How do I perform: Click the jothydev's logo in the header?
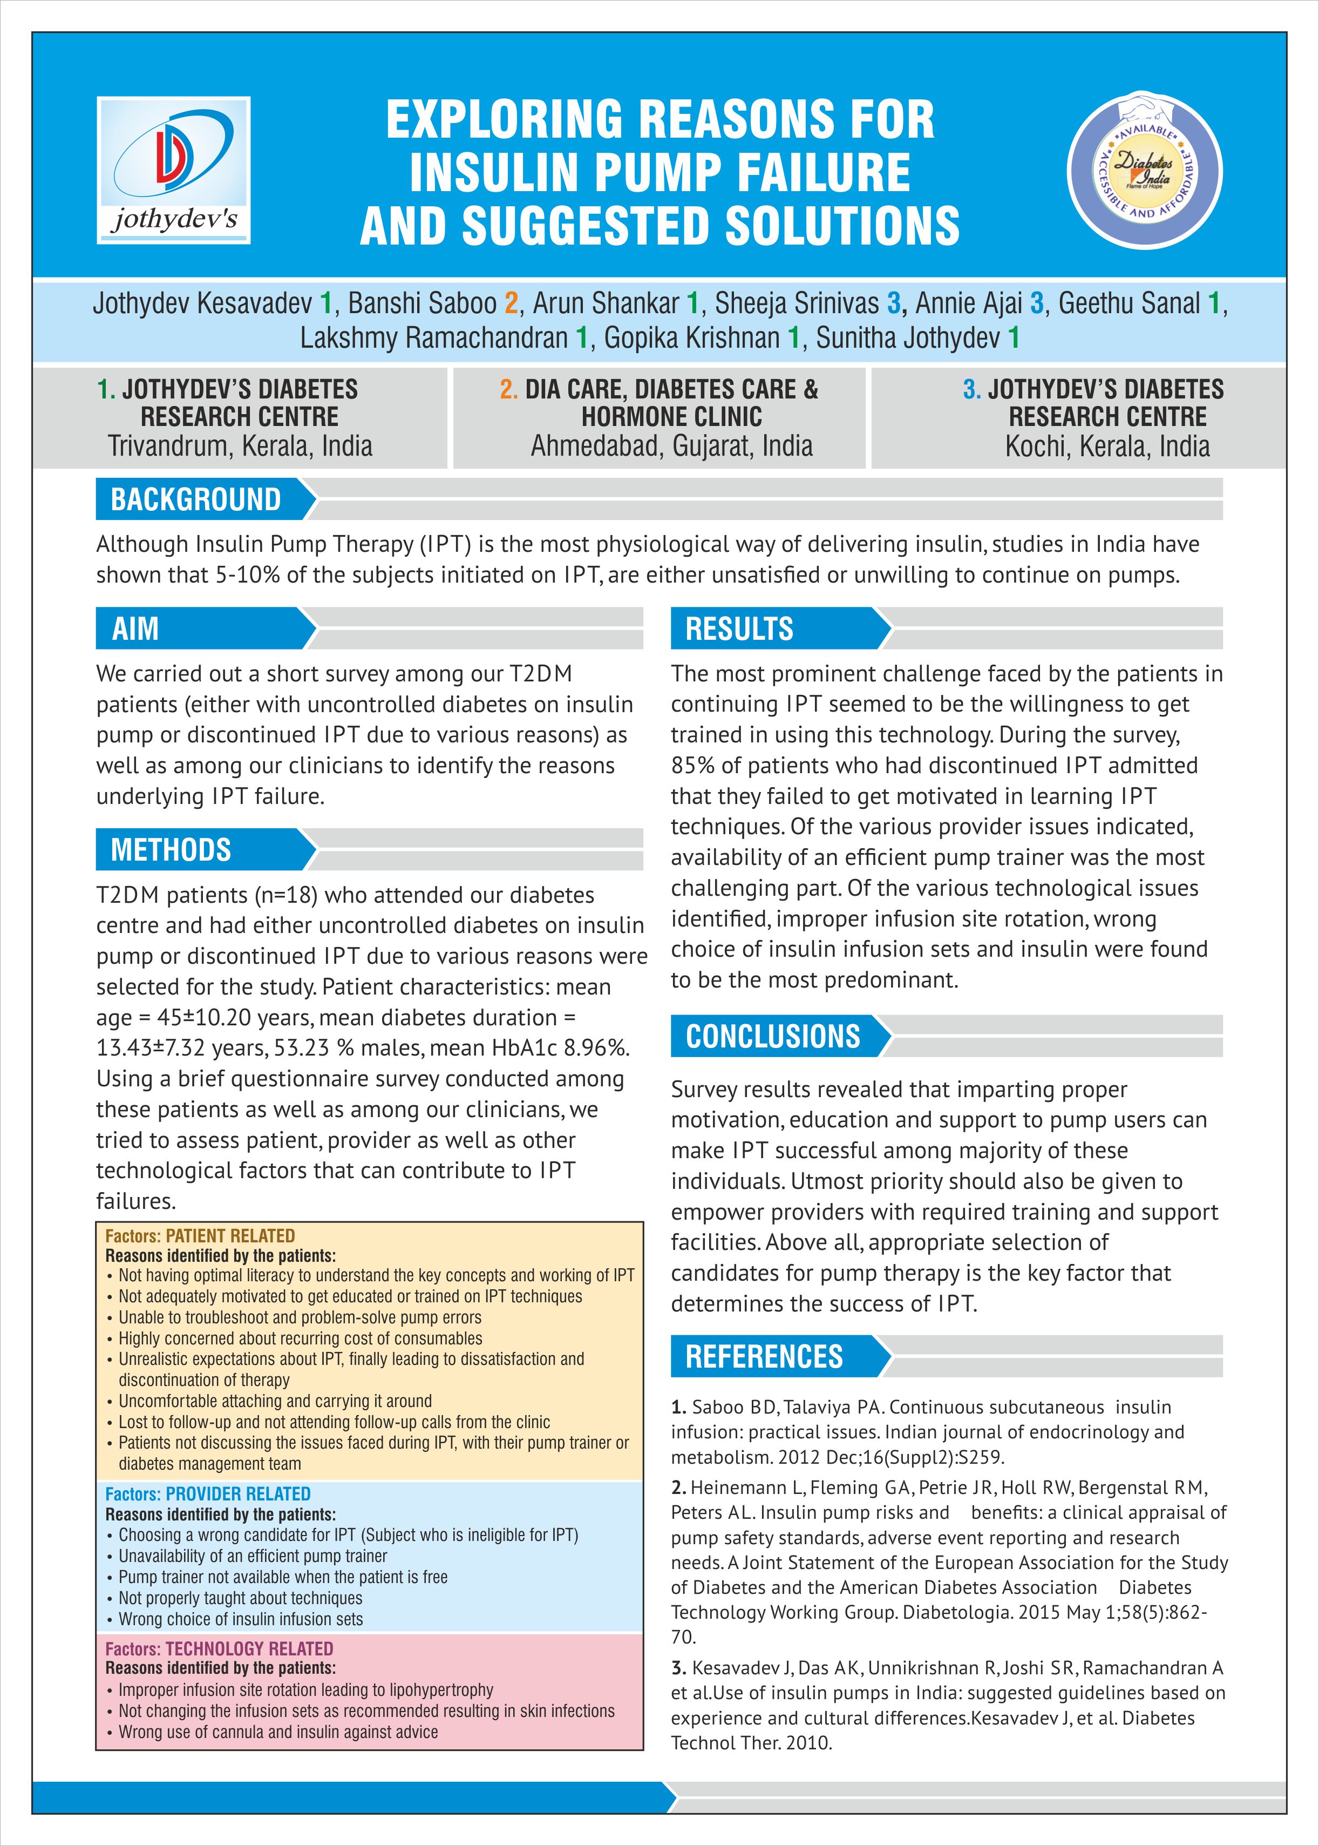[x=173, y=170]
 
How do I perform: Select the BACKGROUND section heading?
[x=196, y=499]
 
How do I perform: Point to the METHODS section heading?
[x=172, y=850]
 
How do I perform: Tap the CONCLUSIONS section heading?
[x=772, y=1036]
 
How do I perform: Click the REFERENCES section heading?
[x=764, y=1356]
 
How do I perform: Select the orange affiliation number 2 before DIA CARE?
[x=508, y=390]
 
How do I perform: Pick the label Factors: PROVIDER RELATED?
[x=208, y=1494]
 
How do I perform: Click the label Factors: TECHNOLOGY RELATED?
[x=219, y=1648]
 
